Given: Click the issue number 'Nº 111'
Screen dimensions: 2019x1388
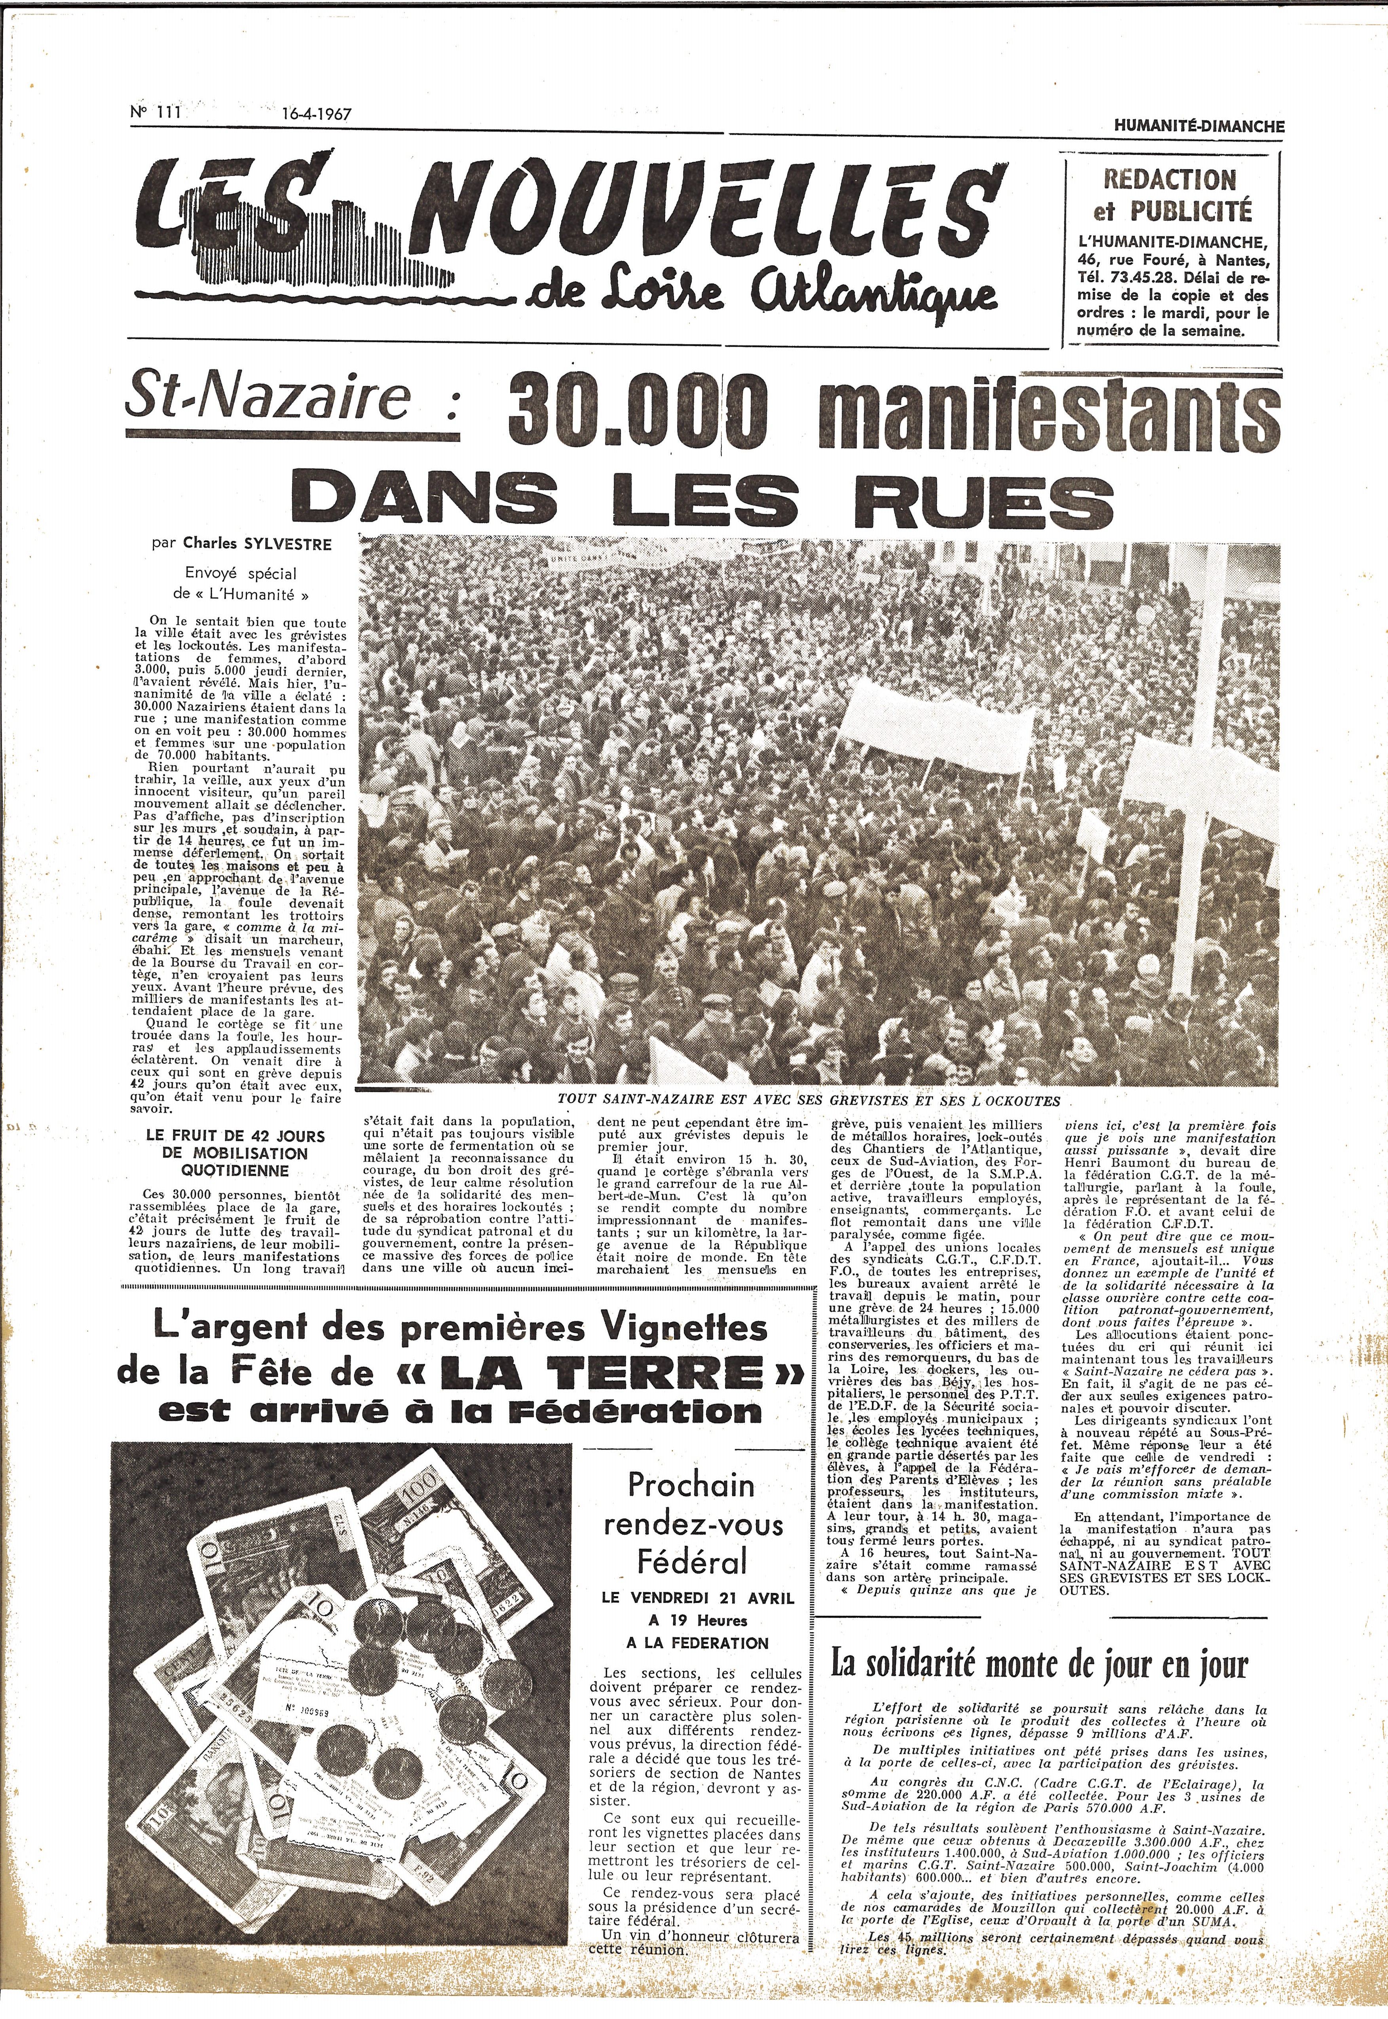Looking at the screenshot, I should [x=155, y=112].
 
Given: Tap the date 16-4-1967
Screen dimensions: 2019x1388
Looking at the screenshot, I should [x=316, y=114].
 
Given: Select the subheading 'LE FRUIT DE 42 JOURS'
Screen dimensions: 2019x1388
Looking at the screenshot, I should [x=235, y=1136].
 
